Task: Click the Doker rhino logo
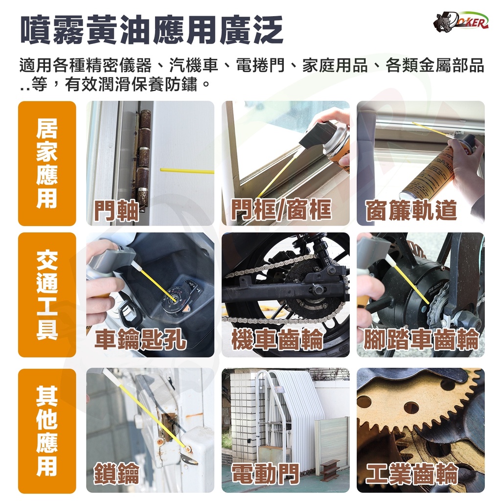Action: (460, 23)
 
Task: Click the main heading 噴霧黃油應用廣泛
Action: (152, 30)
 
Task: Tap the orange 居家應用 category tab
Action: (47, 163)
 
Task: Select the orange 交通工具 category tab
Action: (47, 295)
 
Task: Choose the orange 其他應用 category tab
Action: (47, 431)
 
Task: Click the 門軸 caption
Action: (116, 211)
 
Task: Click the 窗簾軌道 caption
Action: (411, 210)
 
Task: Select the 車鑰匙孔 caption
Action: (140, 339)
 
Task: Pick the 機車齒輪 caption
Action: (277, 340)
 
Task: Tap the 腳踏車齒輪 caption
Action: (421, 340)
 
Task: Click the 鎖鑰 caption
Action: (116, 474)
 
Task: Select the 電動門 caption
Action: (266, 474)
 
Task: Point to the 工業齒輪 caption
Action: (412, 474)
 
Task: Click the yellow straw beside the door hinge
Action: (187, 171)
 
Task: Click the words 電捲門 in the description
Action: (260, 65)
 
